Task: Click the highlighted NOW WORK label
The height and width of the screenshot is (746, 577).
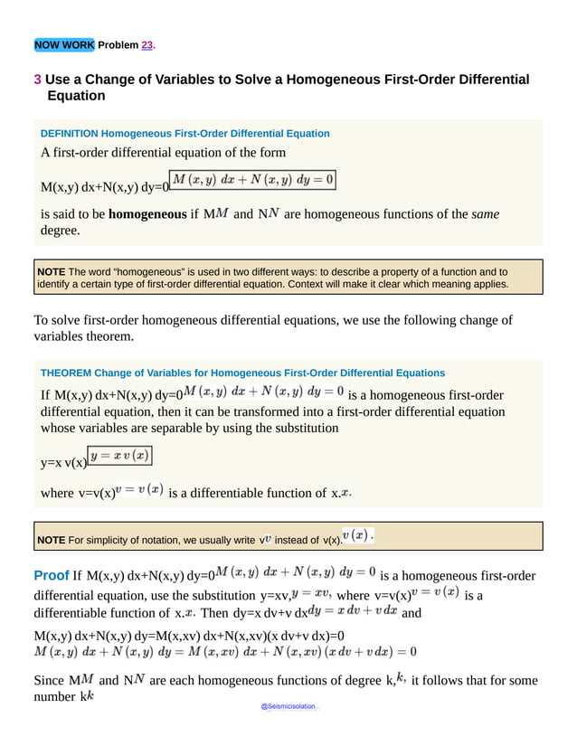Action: pos(63,44)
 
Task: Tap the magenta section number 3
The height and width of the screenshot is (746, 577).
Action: pos(37,80)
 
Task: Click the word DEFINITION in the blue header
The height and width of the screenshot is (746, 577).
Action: pos(71,133)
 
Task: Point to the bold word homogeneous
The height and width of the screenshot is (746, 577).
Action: pos(147,214)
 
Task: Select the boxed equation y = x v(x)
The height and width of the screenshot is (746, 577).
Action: pos(119,455)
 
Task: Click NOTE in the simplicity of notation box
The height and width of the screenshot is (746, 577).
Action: pos(51,541)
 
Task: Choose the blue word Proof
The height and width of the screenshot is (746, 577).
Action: pos(51,575)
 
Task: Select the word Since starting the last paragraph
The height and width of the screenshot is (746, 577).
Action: pos(50,680)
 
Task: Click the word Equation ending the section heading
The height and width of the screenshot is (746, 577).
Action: pos(77,96)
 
